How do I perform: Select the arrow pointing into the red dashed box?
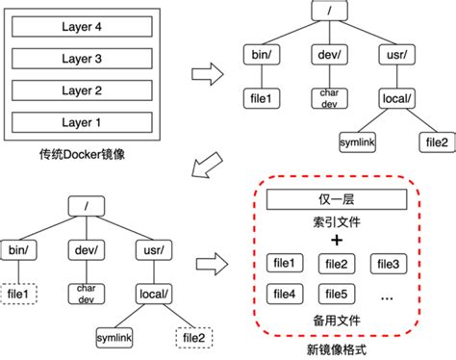point(214,262)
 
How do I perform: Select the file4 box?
point(286,293)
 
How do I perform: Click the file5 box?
point(338,293)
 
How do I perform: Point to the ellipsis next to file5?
point(389,296)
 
